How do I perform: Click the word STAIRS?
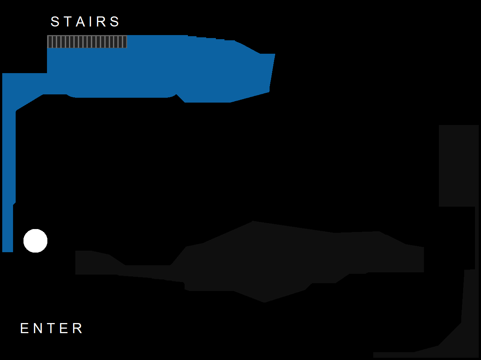coord(85,22)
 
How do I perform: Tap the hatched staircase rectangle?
coord(87,42)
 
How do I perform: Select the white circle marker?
coord(35,241)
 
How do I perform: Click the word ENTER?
coord(51,328)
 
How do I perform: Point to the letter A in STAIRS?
coord(81,22)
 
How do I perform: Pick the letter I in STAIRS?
coord(91,22)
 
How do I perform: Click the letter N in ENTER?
coord(38,328)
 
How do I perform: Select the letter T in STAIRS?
coord(68,22)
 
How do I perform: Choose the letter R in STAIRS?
coord(101,22)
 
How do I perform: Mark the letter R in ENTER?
coord(78,328)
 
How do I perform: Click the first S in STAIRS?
coord(55,22)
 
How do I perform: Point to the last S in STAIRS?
coord(114,22)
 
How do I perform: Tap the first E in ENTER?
coord(24,328)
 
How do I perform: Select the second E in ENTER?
coord(64,328)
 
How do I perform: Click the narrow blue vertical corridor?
coord(8,175)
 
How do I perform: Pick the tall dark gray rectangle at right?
coord(459,166)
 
